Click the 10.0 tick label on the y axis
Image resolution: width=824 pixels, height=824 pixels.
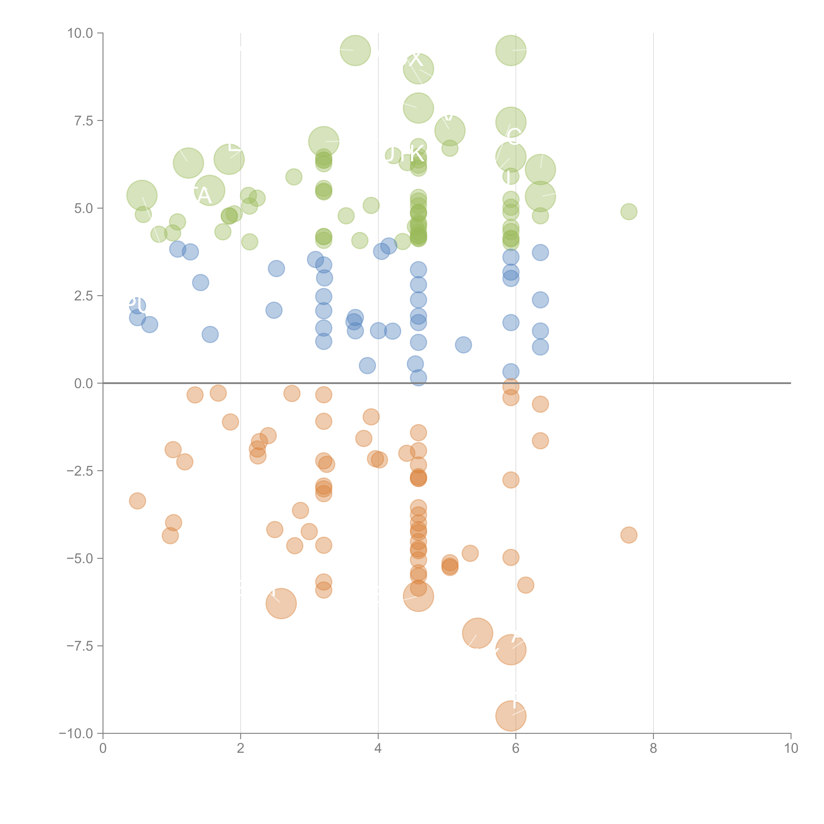(80, 33)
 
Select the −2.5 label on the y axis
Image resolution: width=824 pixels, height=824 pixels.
(80, 471)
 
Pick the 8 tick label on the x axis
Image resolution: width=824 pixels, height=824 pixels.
(653, 749)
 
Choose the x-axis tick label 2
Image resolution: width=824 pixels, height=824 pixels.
(241, 749)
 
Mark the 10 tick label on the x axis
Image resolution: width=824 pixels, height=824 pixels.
(791, 749)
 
